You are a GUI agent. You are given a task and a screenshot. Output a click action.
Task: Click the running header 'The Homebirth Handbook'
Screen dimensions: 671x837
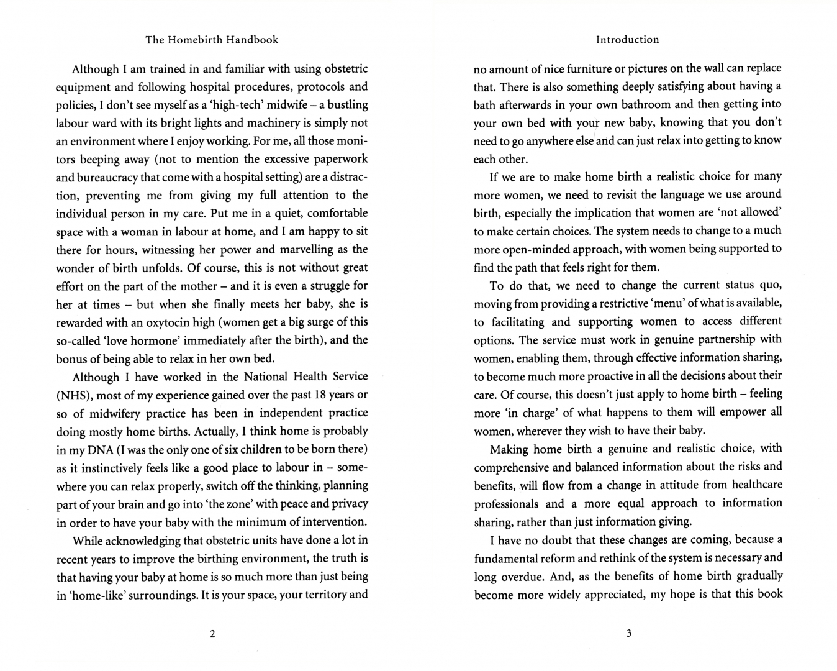[212, 40]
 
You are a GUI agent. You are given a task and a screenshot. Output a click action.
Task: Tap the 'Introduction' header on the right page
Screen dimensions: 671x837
[627, 40]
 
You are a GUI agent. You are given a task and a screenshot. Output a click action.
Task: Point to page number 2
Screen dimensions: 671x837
[212, 634]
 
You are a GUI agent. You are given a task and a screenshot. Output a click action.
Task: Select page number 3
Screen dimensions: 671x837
[628, 634]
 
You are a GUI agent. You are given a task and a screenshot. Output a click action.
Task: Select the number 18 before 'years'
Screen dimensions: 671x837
[320, 395]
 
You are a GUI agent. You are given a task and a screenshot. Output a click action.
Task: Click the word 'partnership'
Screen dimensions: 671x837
[712, 339]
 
